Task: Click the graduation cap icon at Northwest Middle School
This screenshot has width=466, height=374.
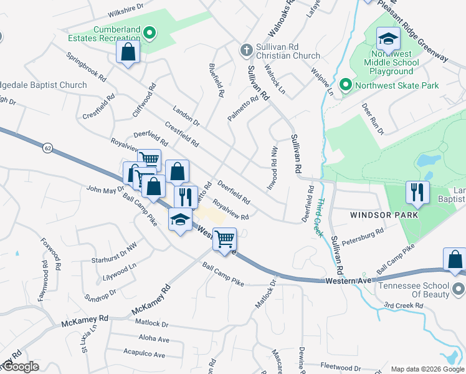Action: point(388,39)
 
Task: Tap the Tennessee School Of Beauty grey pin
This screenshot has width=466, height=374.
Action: point(459,289)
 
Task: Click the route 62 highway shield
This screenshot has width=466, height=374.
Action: point(47,148)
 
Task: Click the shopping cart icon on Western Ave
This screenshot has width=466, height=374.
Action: point(224,238)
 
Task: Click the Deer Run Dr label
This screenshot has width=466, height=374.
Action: point(372,118)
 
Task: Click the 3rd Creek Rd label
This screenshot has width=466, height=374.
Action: point(403,305)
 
